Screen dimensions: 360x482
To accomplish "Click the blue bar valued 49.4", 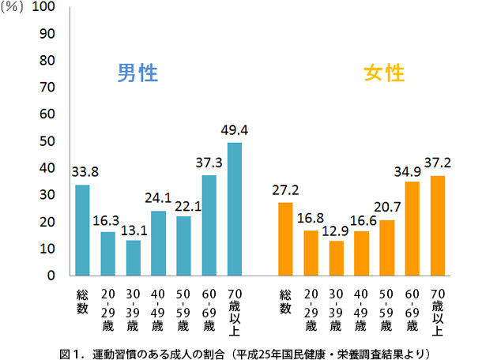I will pos(235,208).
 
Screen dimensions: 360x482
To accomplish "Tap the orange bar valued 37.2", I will pos(439,225).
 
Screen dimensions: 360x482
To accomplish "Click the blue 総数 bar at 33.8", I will pos(82,230).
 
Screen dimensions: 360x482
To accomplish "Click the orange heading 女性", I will pos(384,73).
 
